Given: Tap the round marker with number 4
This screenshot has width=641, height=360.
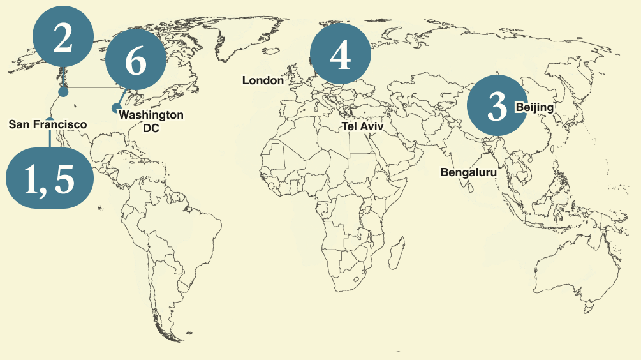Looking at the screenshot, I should coord(340,54).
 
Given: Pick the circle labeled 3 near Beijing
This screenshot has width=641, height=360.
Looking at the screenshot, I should coord(497,106).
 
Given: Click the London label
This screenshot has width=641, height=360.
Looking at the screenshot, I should coord(263,80).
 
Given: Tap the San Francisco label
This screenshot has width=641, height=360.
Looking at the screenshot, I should coord(48,124).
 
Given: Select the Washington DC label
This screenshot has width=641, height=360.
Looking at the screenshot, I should coord(151,121).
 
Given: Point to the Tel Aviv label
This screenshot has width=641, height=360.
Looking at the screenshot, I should coord(363,126).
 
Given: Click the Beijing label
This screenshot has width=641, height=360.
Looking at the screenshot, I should coord(534,107).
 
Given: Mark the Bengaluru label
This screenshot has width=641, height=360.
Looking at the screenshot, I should coord(468,172).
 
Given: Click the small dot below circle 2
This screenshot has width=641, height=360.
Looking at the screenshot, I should coord(63,93).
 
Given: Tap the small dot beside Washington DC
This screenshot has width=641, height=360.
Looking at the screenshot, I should coord(115,107).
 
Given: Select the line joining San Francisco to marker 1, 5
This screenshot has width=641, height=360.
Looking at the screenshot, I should coord(50,138).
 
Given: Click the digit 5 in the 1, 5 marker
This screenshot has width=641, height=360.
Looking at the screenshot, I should coord(65,179).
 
